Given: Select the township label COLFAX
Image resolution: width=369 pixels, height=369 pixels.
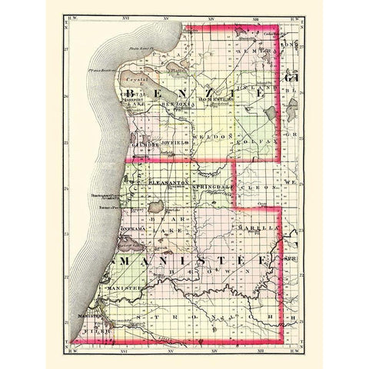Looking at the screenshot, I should tap(260, 138).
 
